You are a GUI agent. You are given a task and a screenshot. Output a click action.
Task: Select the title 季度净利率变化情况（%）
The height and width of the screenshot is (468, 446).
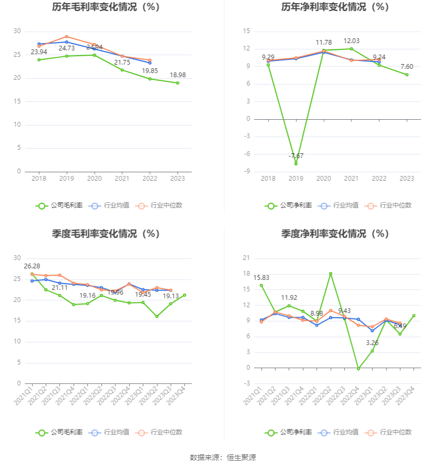pos(334,234)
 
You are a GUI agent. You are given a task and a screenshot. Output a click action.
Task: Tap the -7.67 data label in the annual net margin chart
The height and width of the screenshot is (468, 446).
pos(296,156)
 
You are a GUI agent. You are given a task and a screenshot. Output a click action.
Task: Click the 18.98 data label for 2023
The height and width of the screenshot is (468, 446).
pos(178,75)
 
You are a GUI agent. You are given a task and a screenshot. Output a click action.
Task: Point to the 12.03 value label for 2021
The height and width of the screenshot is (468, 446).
pos(351,41)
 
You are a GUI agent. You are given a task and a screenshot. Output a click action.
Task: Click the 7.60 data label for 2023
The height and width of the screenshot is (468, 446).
pos(407,67)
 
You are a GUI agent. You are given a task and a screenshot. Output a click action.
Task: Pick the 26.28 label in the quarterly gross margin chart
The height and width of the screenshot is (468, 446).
pos(32,266)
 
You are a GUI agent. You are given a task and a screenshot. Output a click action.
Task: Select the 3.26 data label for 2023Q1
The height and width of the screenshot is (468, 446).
pos(372,343)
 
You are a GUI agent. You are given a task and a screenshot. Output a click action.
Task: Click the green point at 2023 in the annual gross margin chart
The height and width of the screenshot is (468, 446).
pos(178,83)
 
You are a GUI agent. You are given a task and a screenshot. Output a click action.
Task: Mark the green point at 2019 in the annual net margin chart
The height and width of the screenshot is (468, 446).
pos(296,164)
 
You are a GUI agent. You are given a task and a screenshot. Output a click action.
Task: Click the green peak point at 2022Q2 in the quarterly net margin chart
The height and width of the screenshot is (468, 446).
pos(331,274)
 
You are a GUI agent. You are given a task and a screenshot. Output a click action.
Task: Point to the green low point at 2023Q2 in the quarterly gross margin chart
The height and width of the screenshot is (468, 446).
pos(157,316)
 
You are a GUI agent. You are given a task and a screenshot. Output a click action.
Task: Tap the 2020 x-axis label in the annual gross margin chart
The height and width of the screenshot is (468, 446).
pos(94,179)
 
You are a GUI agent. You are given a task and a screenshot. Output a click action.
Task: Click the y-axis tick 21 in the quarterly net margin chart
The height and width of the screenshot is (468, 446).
pos(247,258)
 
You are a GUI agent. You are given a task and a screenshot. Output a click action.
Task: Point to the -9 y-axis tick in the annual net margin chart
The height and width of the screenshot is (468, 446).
pos(246,172)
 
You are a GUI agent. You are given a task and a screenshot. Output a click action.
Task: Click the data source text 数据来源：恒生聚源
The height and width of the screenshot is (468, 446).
pos(222,457)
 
